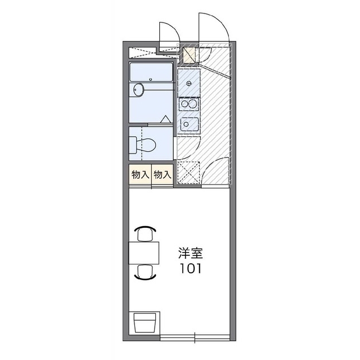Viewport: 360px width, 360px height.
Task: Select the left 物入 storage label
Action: (139, 174)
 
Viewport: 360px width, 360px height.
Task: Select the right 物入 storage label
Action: (162, 174)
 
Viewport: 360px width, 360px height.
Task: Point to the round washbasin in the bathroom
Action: (139, 89)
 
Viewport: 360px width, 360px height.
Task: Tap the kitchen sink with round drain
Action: (188, 124)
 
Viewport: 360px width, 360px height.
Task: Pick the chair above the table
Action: (145, 232)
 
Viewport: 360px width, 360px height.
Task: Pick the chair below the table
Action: (145, 272)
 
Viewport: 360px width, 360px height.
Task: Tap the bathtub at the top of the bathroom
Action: (151, 72)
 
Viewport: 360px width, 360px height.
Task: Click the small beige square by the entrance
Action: (190, 55)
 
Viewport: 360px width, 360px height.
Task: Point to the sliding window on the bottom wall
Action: (194, 337)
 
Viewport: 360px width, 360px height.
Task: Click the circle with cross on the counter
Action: (189, 84)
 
